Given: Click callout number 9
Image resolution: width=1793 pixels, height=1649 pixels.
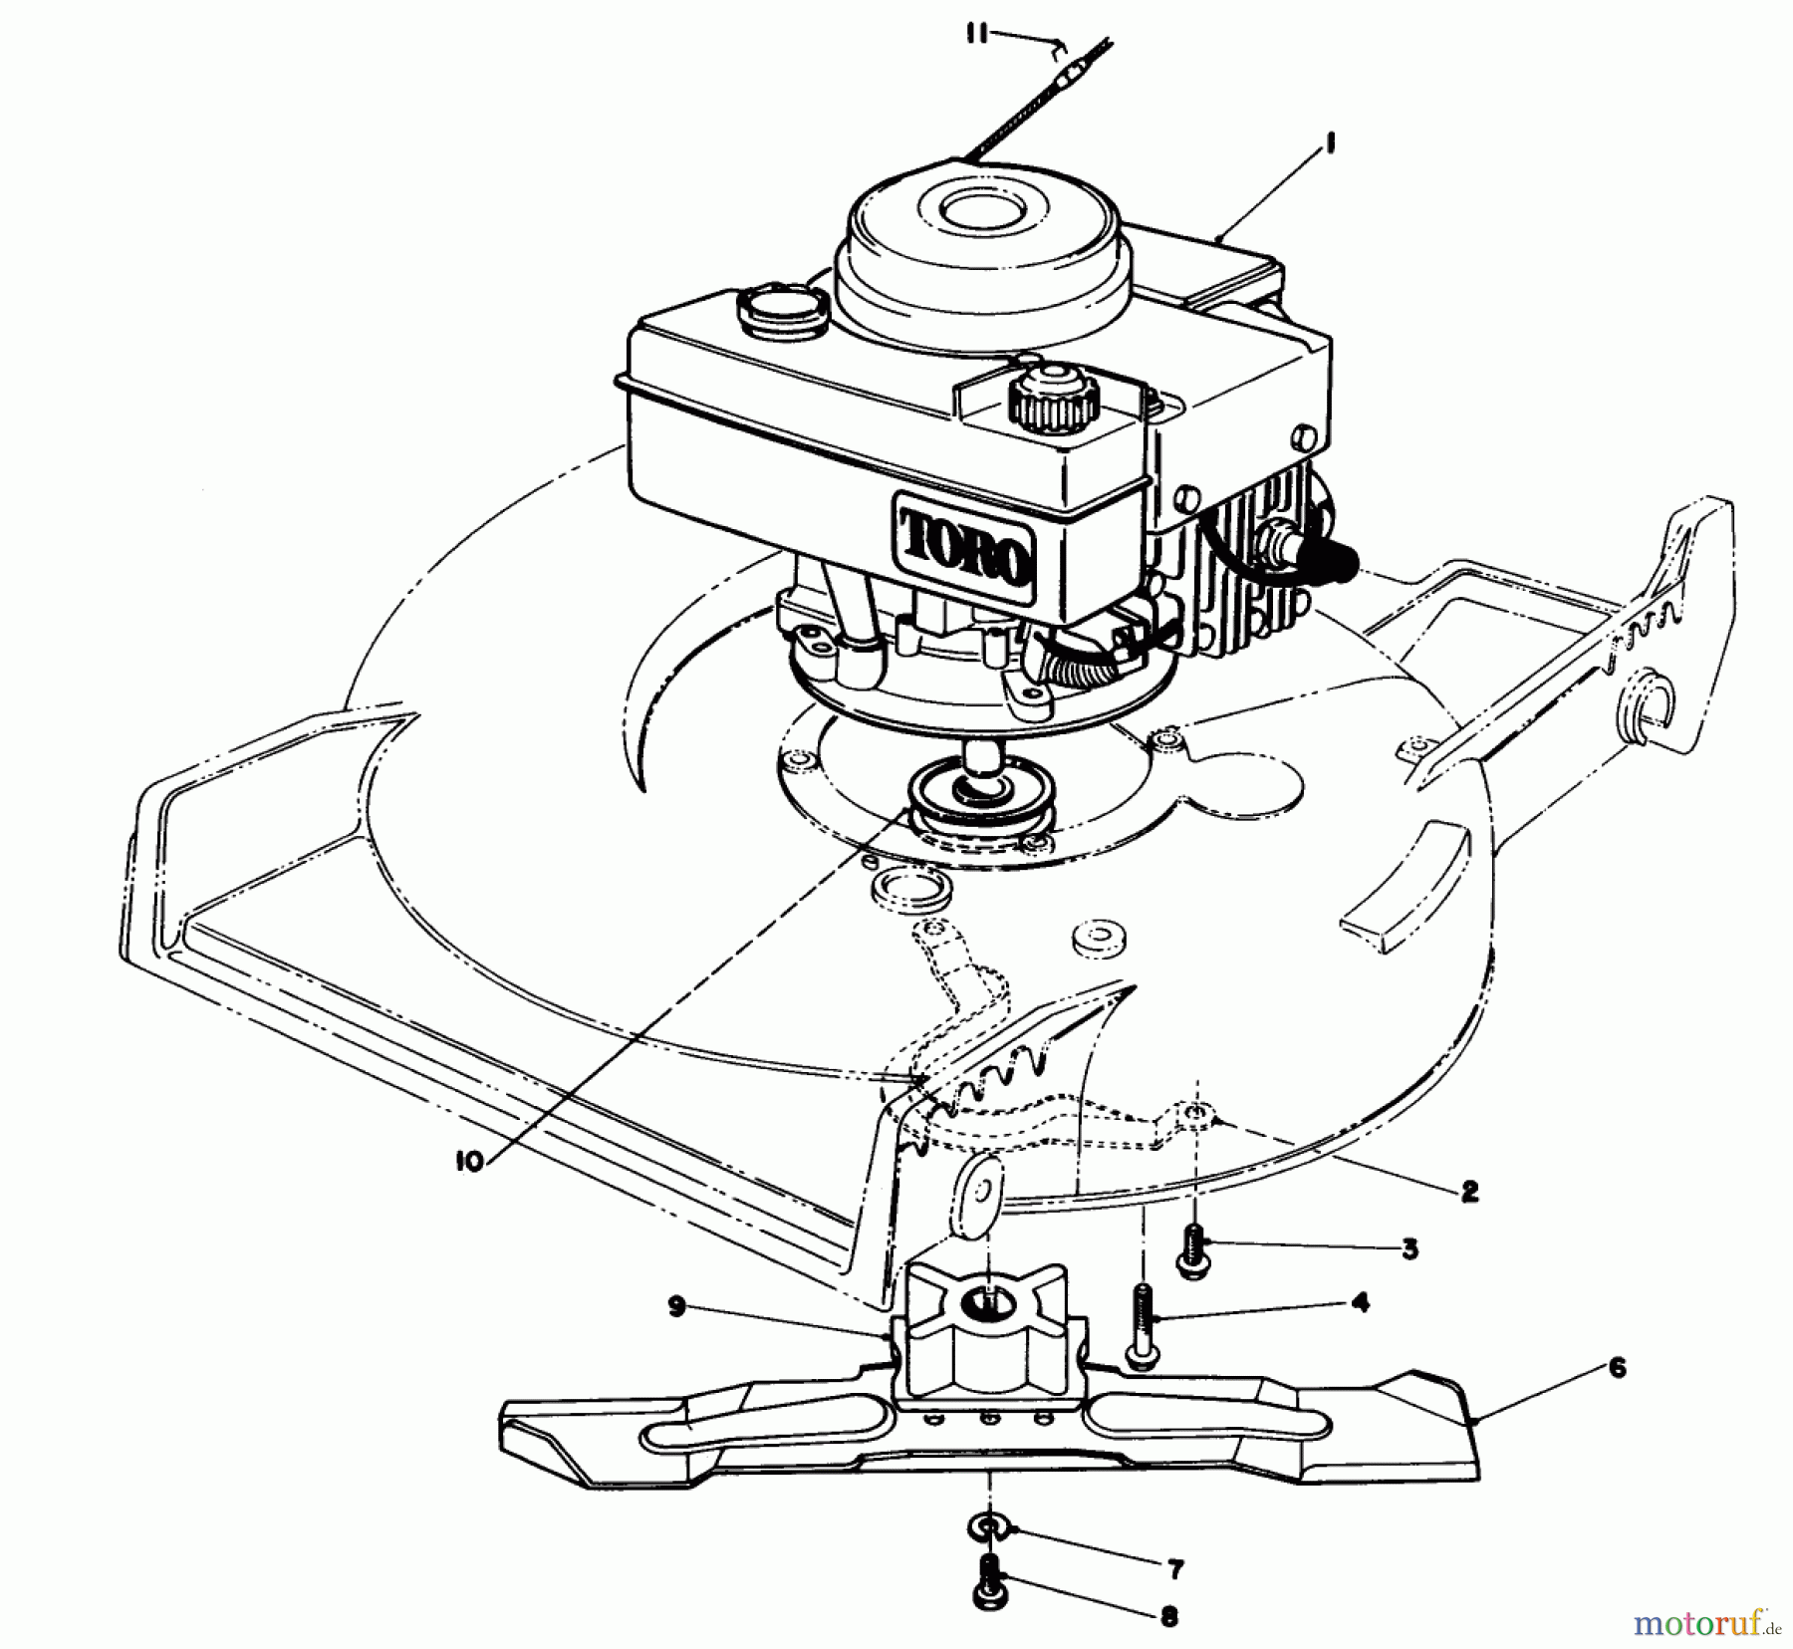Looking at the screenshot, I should click(677, 1308).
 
